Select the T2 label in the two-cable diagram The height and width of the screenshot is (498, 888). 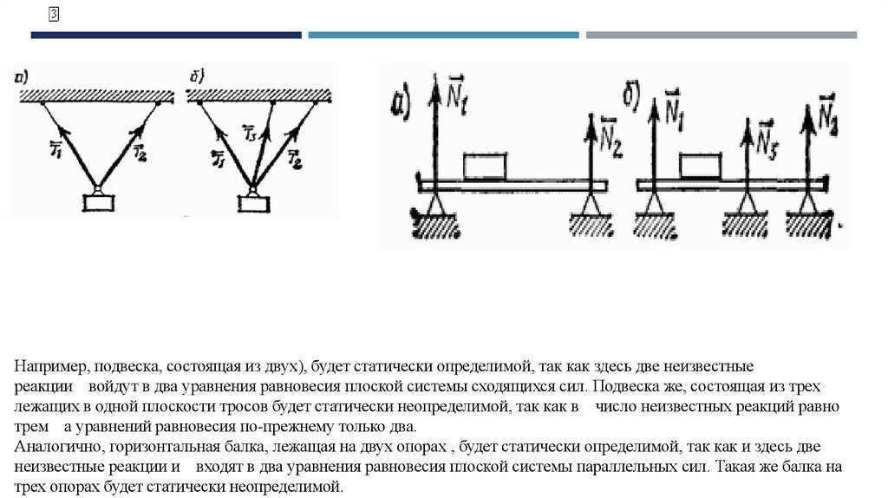pyautogui.click(x=140, y=154)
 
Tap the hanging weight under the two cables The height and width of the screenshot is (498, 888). pyautogui.click(x=98, y=202)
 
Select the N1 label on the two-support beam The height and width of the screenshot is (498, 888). pyautogui.click(x=457, y=88)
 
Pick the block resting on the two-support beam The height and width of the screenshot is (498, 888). pyautogui.click(x=486, y=165)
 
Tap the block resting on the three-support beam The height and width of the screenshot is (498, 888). pyautogui.click(x=700, y=165)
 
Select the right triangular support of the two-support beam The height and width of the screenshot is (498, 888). pyautogui.click(x=591, y=203)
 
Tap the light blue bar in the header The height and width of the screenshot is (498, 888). pyautogui.click(x=443, y=36)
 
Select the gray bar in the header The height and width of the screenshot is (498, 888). pyautogui.click(x=721, y=36)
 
